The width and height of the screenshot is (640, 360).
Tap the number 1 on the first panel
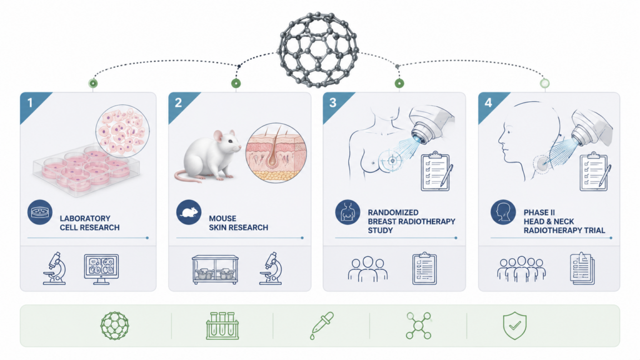pos(30,102)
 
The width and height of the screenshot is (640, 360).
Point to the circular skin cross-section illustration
pos(276,152)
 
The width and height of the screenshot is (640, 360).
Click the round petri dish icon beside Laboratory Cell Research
pos(40,212)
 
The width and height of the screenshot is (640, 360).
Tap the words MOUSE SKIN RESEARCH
pos(238,223)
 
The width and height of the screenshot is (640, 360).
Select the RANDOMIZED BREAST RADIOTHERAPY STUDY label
pos(411,221)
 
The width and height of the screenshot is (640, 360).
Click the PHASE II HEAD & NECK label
pos(549,217)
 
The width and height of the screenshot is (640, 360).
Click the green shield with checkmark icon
pos(515,325)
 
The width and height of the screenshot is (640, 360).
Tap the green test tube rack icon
pos(222,326)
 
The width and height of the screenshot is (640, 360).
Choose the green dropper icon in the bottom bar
pos(322,325)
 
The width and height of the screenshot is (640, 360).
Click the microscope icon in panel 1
pos(55,268)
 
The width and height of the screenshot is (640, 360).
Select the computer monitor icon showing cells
pos(101,269)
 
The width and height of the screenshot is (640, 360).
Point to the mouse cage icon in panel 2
pos(215,269)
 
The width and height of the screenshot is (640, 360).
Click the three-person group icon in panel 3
pos(367,269)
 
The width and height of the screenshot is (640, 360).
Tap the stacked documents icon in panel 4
pos(582,268)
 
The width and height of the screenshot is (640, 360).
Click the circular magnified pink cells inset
pos(122,131)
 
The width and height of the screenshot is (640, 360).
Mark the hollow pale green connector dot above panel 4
pos(544,84)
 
